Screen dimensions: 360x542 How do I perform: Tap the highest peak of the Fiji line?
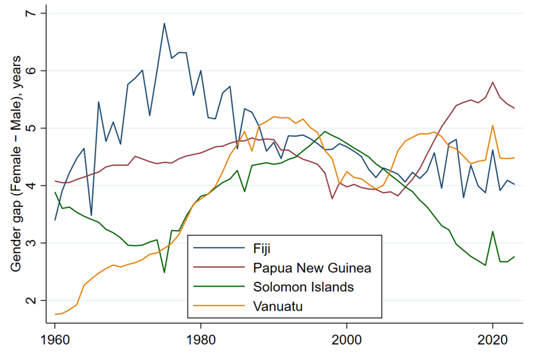click(164, 24)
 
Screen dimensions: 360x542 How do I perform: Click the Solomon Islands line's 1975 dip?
click(164, 272)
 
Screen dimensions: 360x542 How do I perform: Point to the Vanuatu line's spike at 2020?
click(493, 126)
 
